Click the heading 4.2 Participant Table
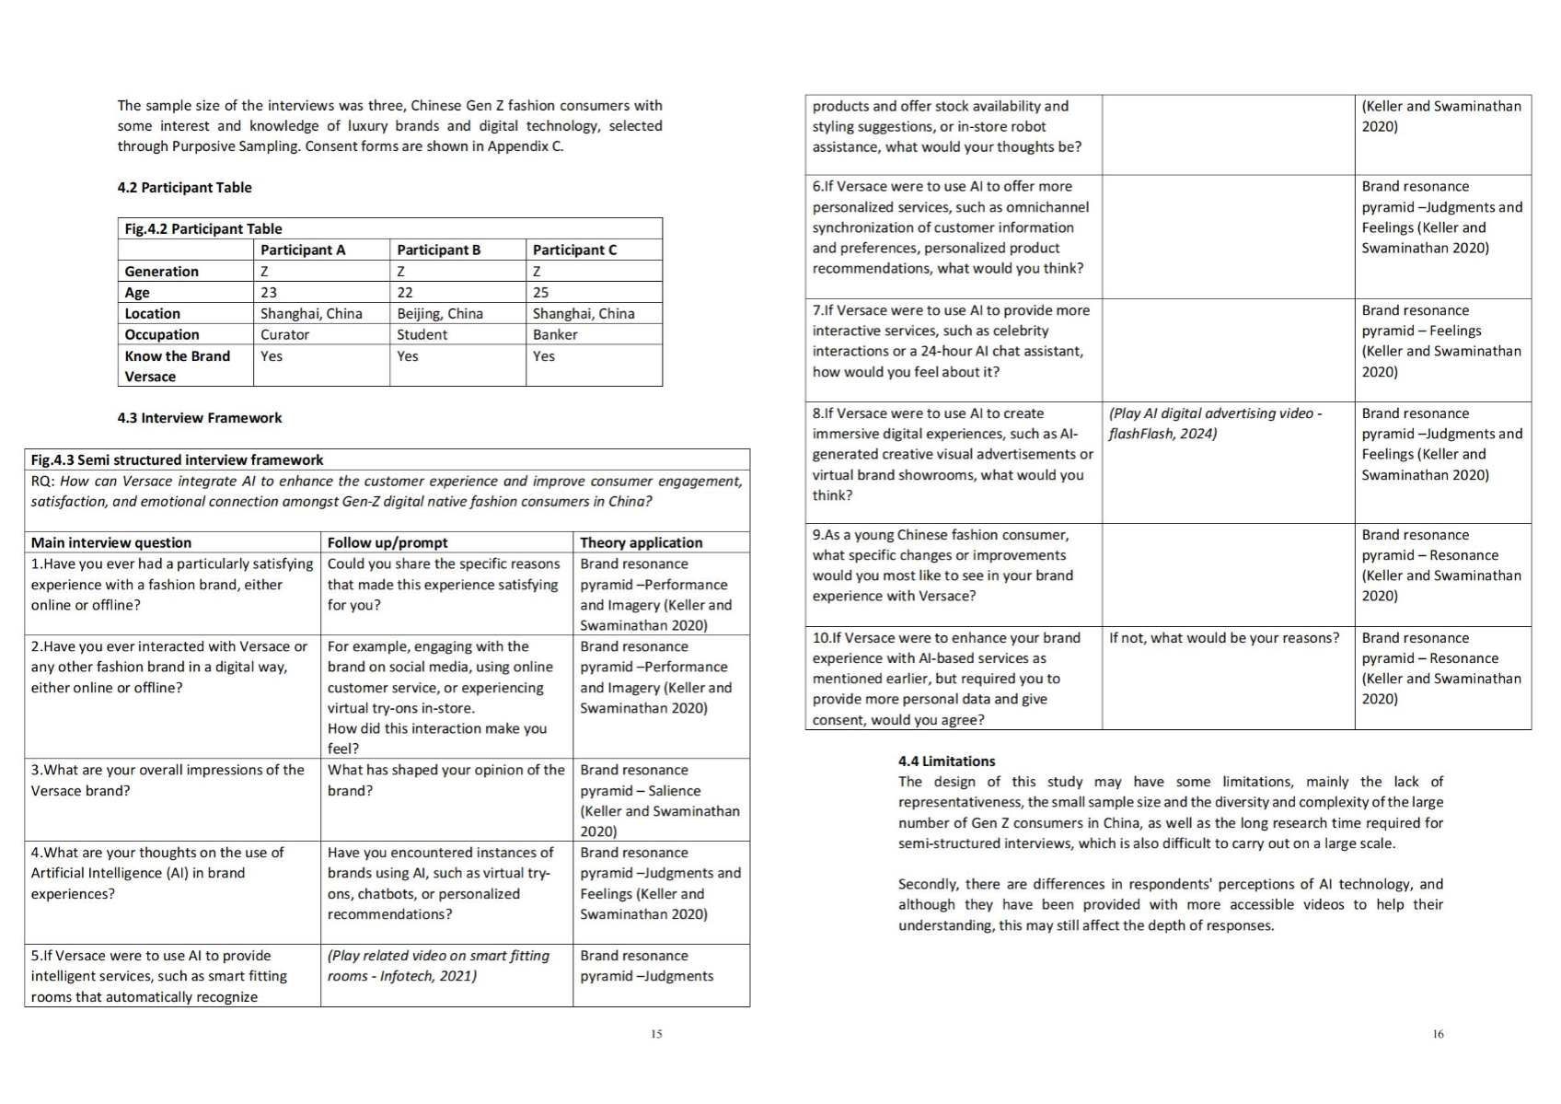pyautogui.click(x=184, y=188)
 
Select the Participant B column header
pyautogui.click(x=438, y=250)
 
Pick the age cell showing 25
pyautogui.click(x=540, y=293)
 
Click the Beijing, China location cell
pyautogui.click(x=439, y=314)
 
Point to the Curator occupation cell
pyautogui.click(x=284, y=335)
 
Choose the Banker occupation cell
pyautogui.click(x=555, y=335)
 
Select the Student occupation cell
pyautogui.click(x=422, y=335)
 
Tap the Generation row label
pyautogui.click(x=161, y=272)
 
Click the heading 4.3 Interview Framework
pyautogui.click(x=199, y=418)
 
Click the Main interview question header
pyautogui.click(x=111, y=543)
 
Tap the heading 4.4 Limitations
pyautogui.click(x=946, y=761)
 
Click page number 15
pyautogui.click(x=656, y=1034)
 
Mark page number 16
pyautogui.click(x=1438, y=1034)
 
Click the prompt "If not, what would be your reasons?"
pyautogui.click(x=1224, y=638)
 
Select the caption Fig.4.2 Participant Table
pyautogui.click(x=203, y=229)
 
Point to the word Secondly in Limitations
pyautogui.click(x=928, y=885)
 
